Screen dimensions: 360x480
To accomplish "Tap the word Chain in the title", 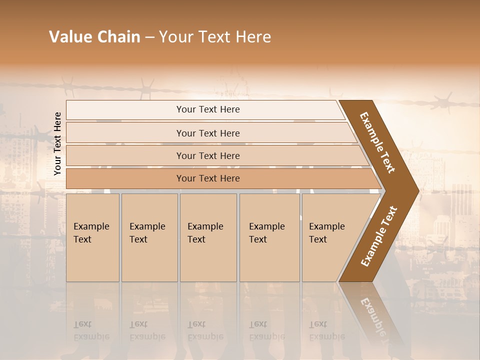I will (118, 37).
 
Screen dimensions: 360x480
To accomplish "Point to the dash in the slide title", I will (149, 37).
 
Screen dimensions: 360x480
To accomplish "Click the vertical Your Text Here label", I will (57, 144).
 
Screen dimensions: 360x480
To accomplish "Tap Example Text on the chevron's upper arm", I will (377, 142).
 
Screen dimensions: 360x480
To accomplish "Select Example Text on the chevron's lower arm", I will (379, 236).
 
